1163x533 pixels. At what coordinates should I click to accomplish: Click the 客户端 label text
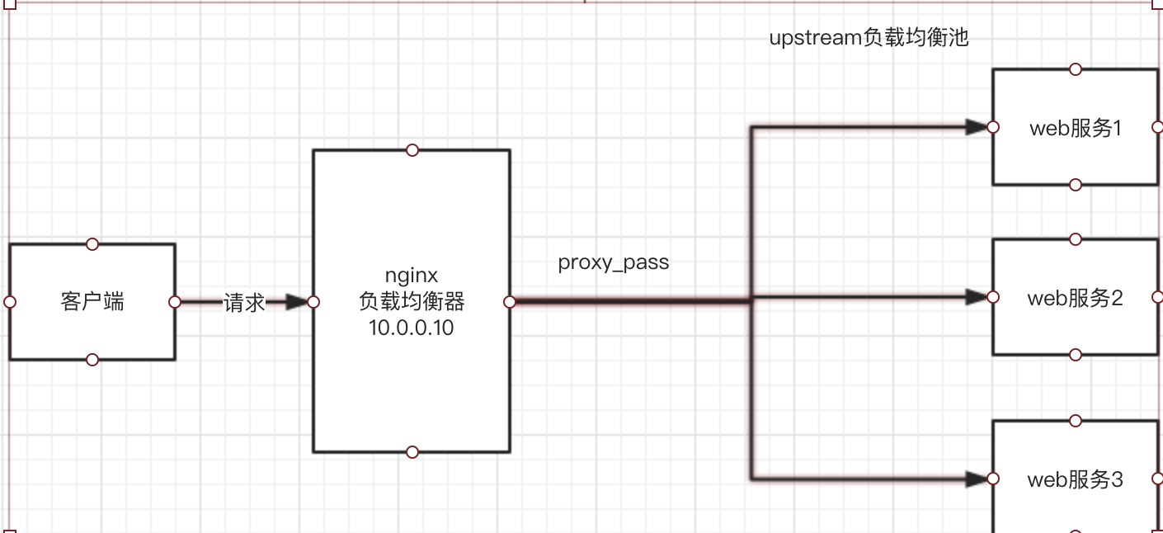point(92,301)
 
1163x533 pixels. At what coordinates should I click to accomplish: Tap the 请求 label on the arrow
point(244,302)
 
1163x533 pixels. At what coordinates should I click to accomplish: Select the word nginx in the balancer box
point(412,276)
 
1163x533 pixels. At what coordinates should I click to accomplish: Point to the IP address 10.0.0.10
point(412,328)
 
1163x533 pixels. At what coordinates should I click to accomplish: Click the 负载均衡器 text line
point(412,301)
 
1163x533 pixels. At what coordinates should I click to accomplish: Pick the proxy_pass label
point(613,262)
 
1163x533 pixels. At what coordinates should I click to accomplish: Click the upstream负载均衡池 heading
point(869,37)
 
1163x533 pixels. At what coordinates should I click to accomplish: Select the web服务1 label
point(1076,129)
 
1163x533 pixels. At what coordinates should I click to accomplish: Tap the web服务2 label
point(1076,298)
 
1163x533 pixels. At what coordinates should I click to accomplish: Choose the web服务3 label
point(1076,479)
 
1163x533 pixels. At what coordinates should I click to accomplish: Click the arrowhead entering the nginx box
point(297,302)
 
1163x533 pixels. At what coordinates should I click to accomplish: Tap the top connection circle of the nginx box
point(412,150)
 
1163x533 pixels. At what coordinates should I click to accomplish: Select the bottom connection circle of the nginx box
point(412,452)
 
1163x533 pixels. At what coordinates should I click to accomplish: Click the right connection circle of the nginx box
point(510,302)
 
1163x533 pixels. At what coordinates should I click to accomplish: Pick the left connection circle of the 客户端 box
point(10,302)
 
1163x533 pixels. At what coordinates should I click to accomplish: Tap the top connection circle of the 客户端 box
point(92,244)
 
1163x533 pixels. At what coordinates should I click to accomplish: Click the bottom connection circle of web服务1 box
point(1076,185)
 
